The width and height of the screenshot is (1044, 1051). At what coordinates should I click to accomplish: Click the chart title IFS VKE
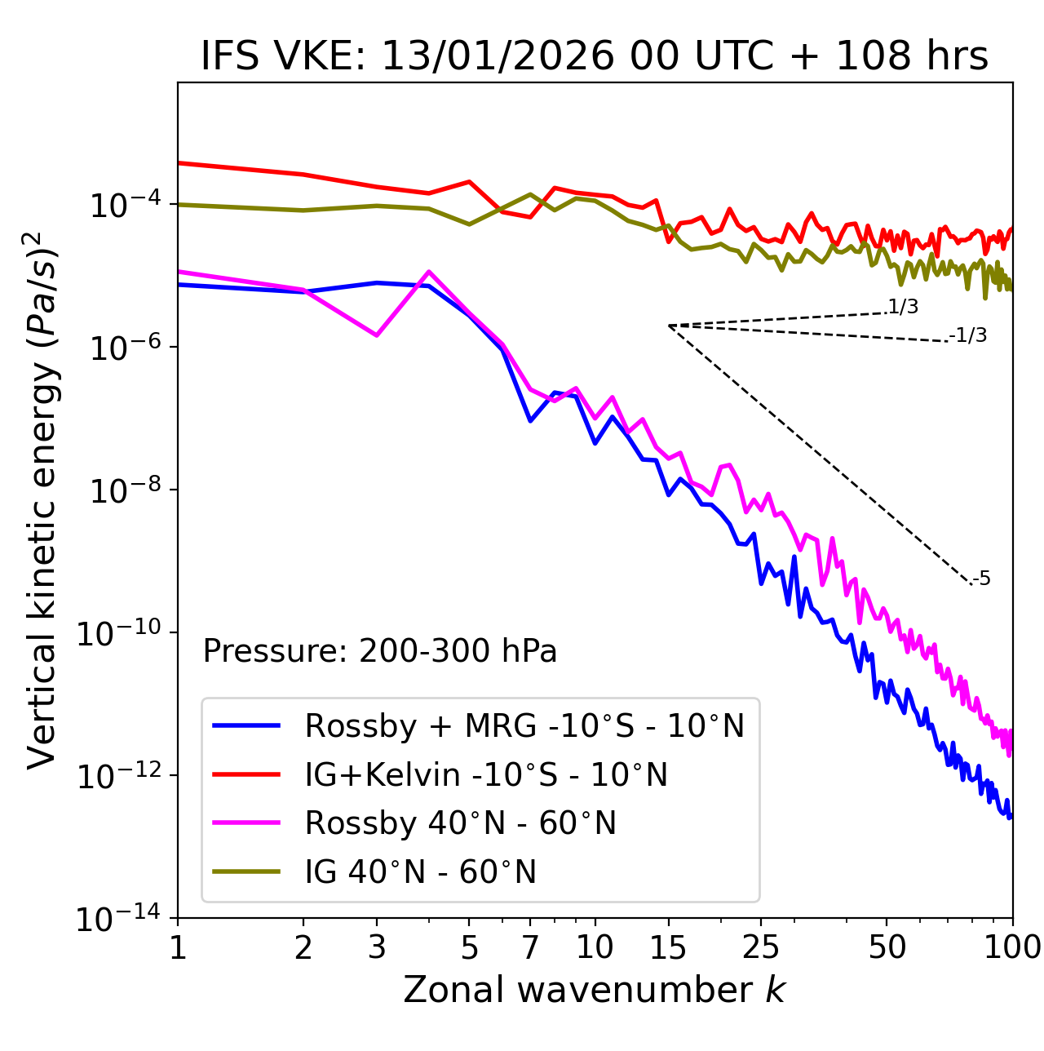pos(594,57)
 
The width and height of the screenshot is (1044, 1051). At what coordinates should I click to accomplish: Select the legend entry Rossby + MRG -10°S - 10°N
pos(524,725)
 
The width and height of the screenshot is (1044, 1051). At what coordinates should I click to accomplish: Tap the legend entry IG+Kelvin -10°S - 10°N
pos(486,774)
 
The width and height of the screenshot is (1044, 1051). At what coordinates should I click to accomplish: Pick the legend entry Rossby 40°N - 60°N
pos(460,823)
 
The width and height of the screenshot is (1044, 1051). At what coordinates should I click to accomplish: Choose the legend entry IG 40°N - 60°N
pos(420,872)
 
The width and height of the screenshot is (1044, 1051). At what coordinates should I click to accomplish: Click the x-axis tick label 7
pos(530,947)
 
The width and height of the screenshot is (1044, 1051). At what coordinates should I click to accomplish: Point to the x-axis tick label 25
pos(761,947)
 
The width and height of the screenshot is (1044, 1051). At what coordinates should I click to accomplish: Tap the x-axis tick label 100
pos(1012,947)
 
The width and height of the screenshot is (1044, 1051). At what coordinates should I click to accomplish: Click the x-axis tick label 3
pos(377,947)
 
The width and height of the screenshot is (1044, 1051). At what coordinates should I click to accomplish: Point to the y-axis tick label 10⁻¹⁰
pos(119,633)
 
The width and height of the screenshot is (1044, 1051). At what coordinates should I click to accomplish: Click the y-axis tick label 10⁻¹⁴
pos(119,919)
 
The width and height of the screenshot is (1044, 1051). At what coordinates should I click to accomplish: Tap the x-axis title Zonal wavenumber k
pos(594,990)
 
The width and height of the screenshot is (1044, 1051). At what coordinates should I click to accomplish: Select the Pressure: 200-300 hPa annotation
pos(380,651)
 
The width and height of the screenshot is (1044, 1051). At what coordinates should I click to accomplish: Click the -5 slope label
pos(982,579)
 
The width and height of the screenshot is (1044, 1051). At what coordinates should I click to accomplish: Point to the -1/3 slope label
pos(969,335)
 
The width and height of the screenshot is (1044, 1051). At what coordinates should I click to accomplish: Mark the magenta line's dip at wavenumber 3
pos(377,335)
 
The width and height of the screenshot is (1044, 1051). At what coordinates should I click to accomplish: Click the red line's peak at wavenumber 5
pos(469,182)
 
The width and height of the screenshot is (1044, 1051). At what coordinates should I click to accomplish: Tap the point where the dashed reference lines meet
pos(669,326)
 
